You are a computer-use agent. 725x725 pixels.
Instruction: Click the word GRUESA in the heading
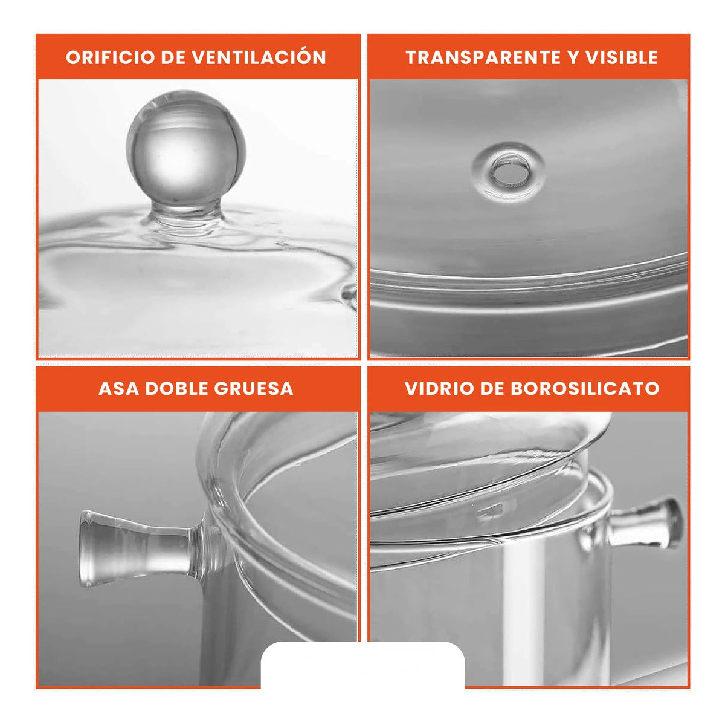tap(257, 388)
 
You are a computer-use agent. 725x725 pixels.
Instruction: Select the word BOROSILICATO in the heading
tap(585, 388)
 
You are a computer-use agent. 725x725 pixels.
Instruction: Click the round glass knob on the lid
tap(187, 148)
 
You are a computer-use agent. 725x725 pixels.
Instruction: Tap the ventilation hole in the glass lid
tap(508, 171)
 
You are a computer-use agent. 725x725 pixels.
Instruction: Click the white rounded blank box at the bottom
tap(362, 665)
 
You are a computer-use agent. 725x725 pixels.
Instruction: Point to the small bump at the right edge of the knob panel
tap(349, 294)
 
